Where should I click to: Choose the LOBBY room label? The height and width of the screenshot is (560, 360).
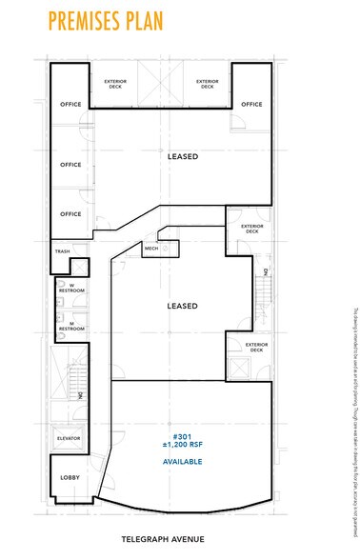70,476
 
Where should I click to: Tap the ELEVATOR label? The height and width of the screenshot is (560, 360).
70,437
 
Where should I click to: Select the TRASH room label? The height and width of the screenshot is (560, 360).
64,252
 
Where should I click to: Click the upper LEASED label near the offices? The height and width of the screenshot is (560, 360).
182,156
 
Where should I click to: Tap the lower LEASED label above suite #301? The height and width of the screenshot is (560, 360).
182,306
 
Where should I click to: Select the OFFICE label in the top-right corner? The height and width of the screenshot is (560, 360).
250,104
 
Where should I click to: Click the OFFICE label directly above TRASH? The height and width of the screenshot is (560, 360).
70,213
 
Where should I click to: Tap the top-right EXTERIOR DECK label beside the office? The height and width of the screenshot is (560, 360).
207,84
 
